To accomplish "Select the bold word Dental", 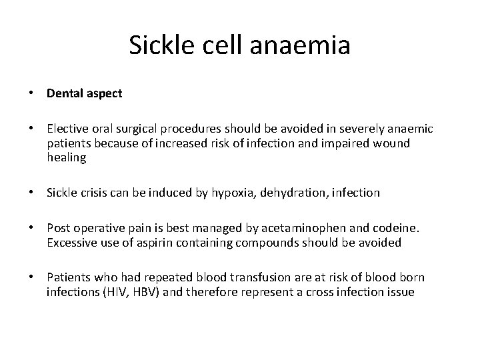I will [64, 93].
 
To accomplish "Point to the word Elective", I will [67, 129].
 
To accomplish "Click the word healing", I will [67, 159].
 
